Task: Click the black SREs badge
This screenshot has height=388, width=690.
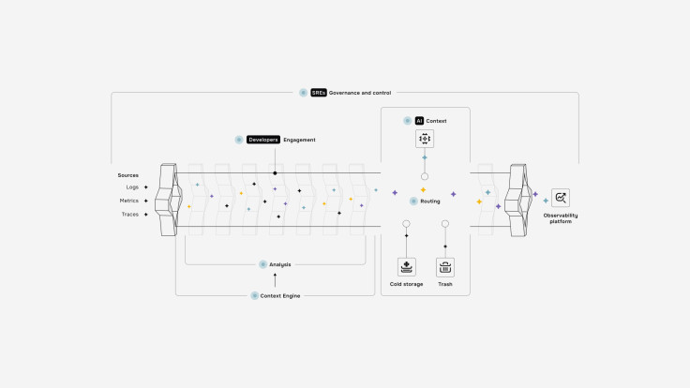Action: tap(319, 93)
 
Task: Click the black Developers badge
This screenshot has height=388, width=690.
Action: tap(263, 140)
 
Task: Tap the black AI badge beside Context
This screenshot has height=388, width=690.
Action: tap(420, 121)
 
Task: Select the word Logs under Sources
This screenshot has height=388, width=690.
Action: tap(132, 187)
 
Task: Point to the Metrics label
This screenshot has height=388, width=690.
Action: tap(129, 201)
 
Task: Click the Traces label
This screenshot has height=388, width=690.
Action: tap(130, 214)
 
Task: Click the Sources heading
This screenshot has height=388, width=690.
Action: tap(128, 175)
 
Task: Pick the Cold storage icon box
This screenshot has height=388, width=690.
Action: tap(406, 267)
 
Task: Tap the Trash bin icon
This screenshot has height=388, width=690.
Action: tap(445, 267)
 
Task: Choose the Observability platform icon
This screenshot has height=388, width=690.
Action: tap(561, 198)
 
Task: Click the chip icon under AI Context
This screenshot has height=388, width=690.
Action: tap(425, 139)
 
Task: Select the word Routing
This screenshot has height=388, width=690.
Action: tap(430, 201)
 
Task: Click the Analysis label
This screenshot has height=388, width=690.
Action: tap(280, 264)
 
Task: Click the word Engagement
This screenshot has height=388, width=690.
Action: tap(299, 140)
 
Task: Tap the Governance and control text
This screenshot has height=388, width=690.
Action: tap(360, 93)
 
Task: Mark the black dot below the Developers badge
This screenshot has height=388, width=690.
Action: tap(275, 173)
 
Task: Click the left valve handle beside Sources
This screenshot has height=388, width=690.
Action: tap(168, 200)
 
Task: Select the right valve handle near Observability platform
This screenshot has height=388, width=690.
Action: tap(517, 200)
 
